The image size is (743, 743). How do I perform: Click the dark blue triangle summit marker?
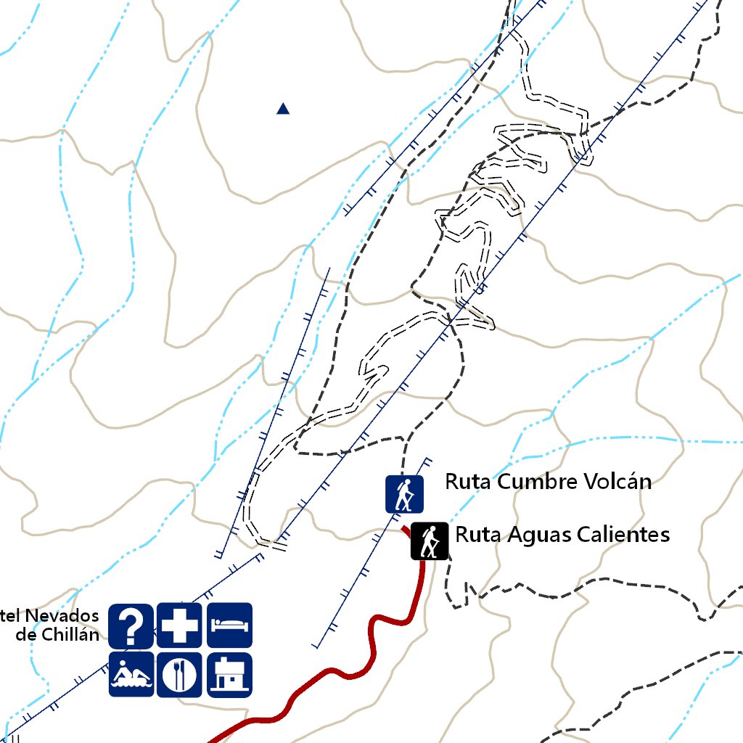click(x=283, y=109)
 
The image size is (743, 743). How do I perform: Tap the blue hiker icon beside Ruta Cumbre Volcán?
click(x=403, y=494)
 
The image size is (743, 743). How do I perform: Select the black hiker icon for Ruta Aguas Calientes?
click(x=429, y=541)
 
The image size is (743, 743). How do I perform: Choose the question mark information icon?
click(x=131, y=625)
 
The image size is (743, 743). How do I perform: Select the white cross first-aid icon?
click(x=179, y=625)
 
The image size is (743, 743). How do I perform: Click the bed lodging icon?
click(x=229, y=625)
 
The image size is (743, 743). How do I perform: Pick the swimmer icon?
click(x=131, y=675)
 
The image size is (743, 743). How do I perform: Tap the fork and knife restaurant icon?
click(x=179, y=675)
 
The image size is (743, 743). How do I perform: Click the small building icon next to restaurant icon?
click(x=229, y=675)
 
